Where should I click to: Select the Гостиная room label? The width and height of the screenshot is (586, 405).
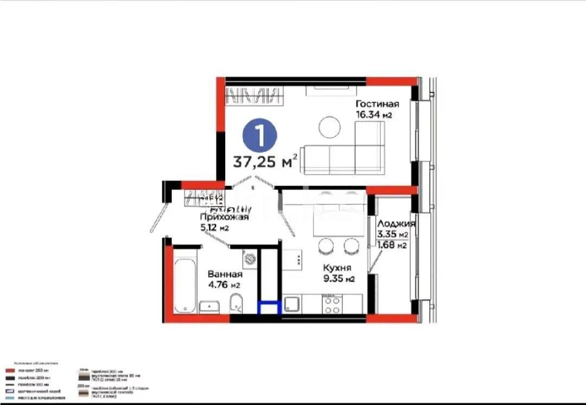pos(377,104)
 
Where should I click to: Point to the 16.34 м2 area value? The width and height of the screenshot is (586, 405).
pos(374,115)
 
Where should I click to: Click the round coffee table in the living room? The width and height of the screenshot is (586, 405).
pos(329,127)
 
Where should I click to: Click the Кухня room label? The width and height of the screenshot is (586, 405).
pos(337,268)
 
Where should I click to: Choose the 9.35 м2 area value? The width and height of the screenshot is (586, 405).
pos(339,279)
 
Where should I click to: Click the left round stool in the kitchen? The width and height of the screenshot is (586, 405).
pos(325,247)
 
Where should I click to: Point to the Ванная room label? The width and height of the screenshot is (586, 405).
pos(224,274)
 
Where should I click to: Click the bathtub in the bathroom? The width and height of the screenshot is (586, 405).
pos(185,286)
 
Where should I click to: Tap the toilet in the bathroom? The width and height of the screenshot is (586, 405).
pos(237,304)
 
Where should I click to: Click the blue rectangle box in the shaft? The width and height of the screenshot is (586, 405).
pos(270,308)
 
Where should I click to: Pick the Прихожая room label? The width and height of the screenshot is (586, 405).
pos(224,217)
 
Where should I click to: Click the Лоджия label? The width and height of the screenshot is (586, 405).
pos(396,223)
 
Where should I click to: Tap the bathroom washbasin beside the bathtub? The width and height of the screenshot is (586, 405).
pos(209,307)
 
